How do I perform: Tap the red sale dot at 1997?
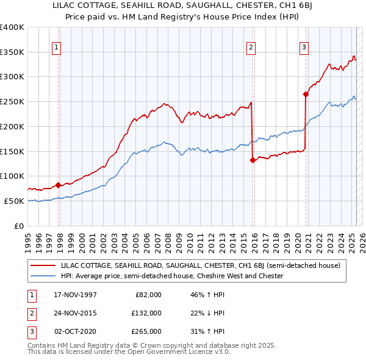click(59, 185)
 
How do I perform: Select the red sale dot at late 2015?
click(253, 160)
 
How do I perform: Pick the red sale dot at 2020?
click(306, 94)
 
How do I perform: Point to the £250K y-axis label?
click(12, 101)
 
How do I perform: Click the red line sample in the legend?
click(43, 265)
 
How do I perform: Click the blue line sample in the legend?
click(43, 276)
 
